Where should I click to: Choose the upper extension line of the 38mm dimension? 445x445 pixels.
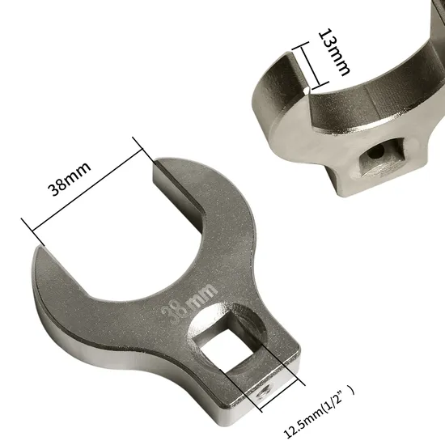pyautogui.click(x=146, y=150)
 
